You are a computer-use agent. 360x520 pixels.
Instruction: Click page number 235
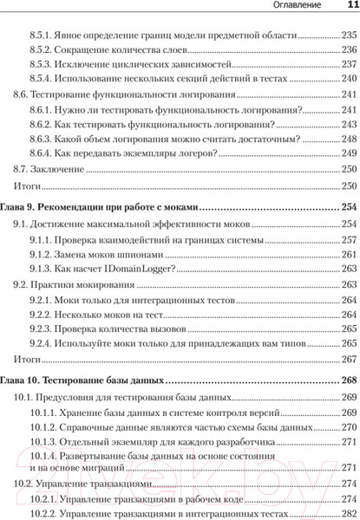point(349,36)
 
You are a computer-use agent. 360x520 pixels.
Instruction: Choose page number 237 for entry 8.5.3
point(349,65)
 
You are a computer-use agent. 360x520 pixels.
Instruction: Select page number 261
point(349,254)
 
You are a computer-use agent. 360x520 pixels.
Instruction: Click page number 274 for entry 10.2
point(349,484)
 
